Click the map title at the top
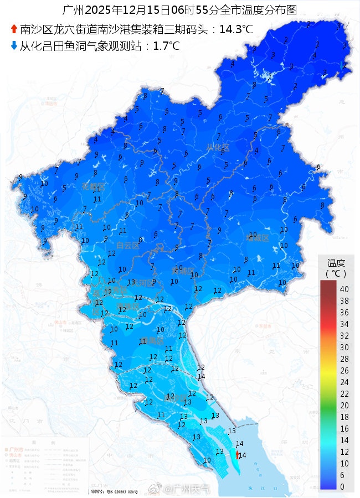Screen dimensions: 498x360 pos(179,10)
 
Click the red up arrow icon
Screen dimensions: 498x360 pos(14,29)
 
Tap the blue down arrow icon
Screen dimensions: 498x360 pos(14,46)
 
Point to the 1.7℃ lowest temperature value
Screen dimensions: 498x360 pos(166,46)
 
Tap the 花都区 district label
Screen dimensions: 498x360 pos(92,186)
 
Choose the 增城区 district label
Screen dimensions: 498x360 pos(257,238)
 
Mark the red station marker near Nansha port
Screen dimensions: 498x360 pos(238,455)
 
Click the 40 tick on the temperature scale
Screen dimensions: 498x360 pos(344,289)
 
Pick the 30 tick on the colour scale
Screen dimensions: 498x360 pos(344,347)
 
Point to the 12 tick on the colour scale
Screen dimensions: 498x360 pos(344,452)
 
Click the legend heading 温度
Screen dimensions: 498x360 pos(336,263)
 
